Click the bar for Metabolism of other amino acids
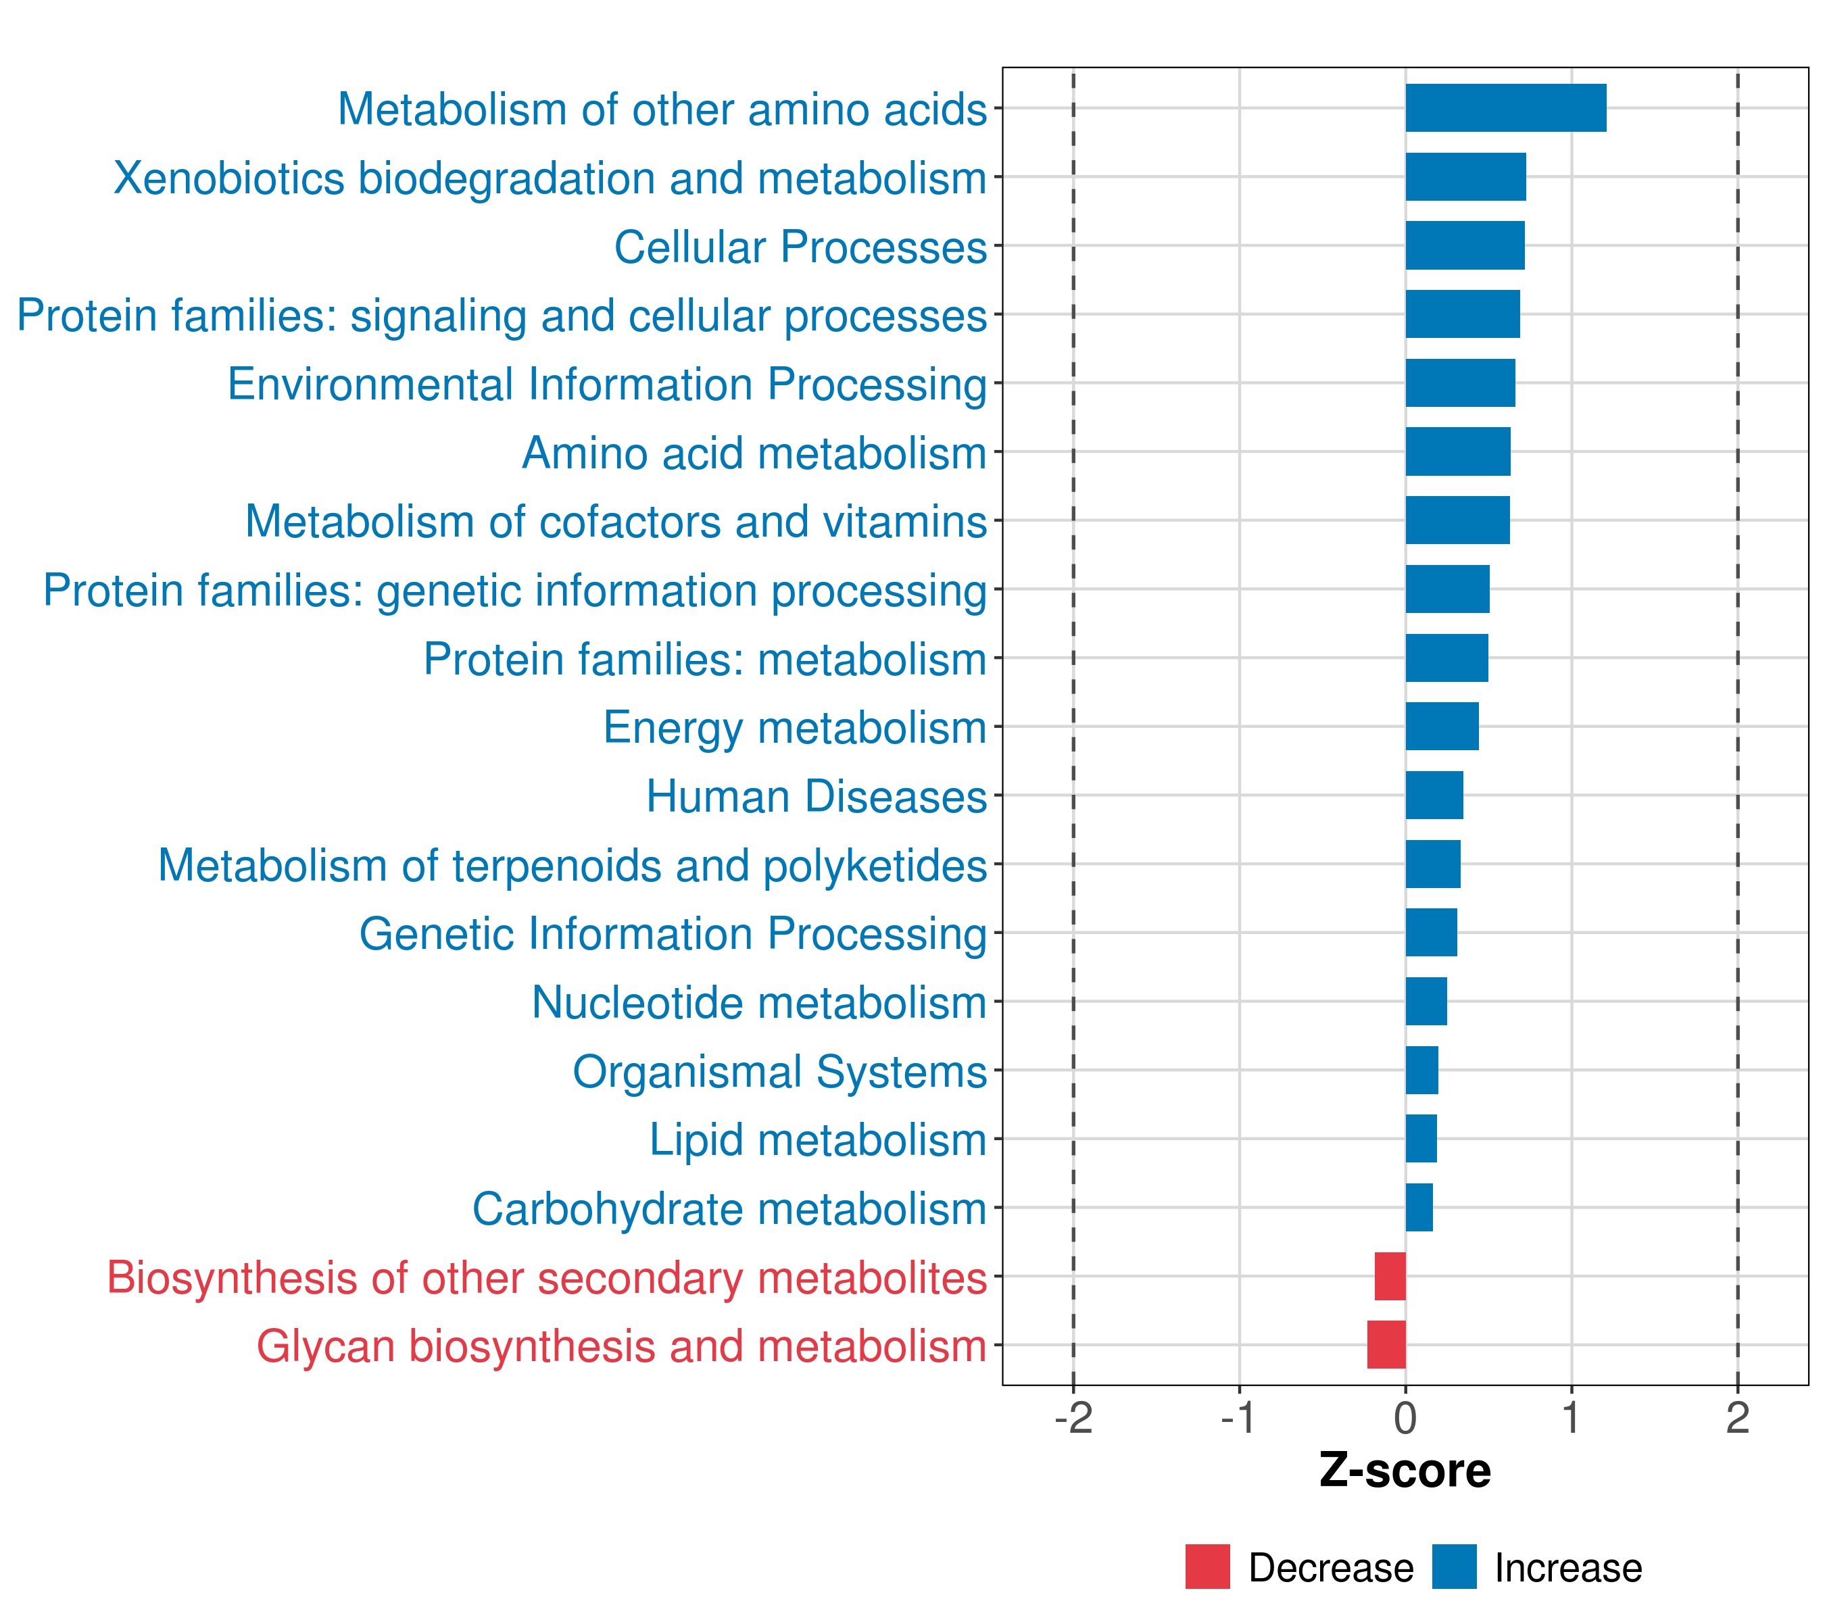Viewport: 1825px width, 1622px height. pos(1505,108)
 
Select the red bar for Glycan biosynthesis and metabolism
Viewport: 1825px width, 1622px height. pos(1386,1344)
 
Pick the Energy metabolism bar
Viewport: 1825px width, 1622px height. pos(1442,727)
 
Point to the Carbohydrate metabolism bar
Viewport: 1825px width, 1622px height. pos(1419,1207)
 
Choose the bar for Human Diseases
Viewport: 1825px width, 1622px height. pos(1434,795)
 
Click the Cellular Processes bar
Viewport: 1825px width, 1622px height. pos(1464,245)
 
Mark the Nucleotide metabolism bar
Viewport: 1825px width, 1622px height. pos(1426,1002)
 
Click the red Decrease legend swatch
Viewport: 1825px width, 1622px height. pos(1207,1567)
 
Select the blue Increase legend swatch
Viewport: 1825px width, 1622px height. pos(1453,1567)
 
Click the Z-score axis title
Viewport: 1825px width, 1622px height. pos(1405,1471)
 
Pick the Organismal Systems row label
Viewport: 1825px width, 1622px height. pos(779,1071)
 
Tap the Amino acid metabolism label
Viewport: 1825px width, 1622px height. pos(754,453)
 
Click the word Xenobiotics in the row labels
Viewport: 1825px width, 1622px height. pos(228,178)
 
